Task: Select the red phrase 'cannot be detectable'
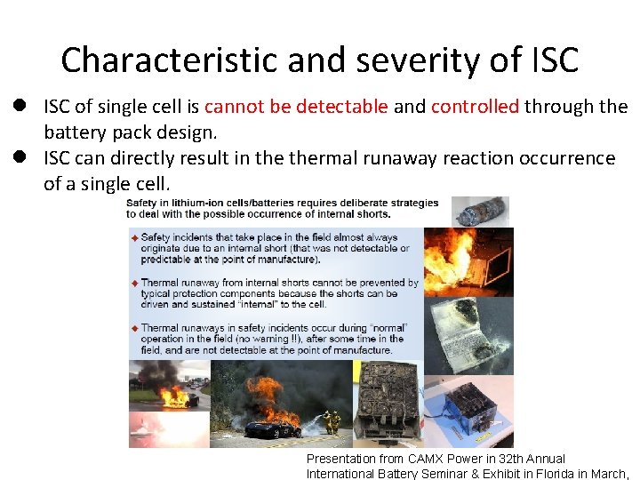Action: coord(296,107)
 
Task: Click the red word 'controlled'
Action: coord(475,107)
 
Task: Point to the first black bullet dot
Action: coord(17,106)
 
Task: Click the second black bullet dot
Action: coord(17,156)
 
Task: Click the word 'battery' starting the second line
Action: coord(74,132)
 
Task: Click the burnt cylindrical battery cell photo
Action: coord(480,212)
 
